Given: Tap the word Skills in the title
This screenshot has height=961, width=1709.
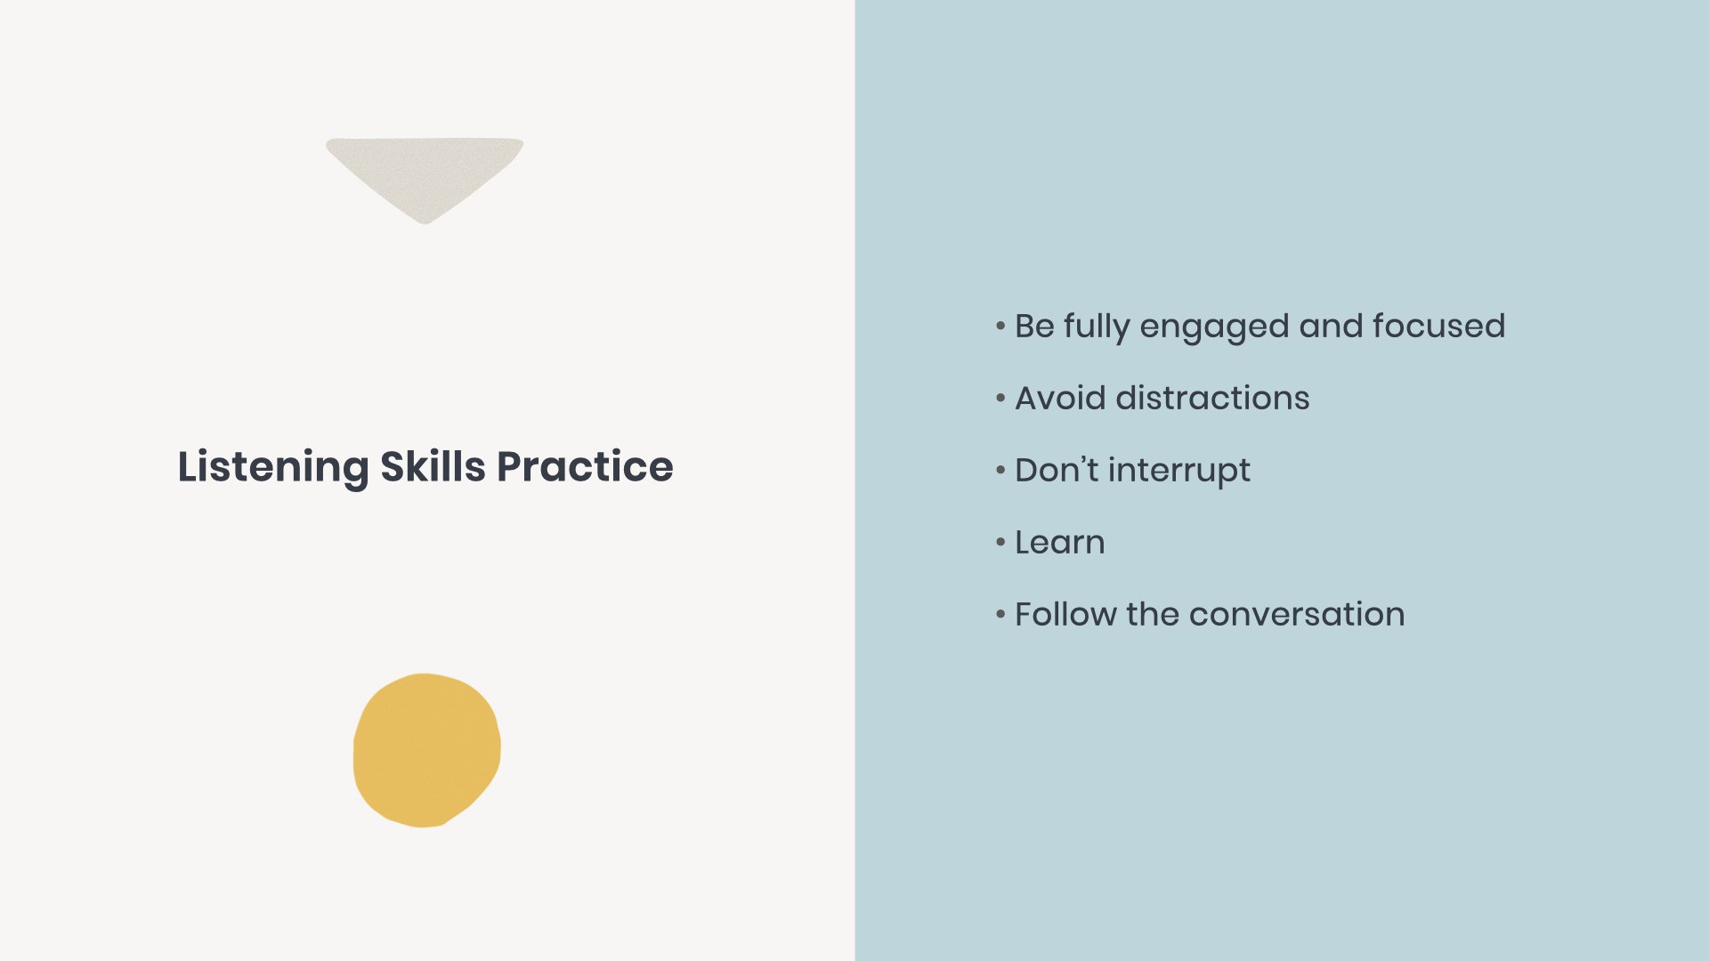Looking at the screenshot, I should (x=433, y=467).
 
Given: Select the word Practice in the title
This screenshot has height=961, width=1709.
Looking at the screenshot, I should (x=585, y=467).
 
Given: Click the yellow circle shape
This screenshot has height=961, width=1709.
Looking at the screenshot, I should (x=426, y=750).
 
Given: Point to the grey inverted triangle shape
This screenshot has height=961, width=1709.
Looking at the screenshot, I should (x=425, y=172).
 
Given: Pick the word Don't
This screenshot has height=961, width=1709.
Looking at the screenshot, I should (x=1056, y=471).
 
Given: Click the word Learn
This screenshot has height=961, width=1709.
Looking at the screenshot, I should (x=1059, y=543).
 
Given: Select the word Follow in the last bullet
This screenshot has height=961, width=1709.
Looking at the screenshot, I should (x=1065, y=615).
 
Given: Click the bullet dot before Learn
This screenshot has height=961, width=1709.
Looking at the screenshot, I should (x=1000, y=543).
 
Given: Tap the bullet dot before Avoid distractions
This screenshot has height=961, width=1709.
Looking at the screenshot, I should (x=1000, y=399).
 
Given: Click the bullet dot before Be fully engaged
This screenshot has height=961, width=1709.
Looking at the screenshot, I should (x=1000, y=327).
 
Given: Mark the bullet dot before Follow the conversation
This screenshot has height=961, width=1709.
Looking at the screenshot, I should (x=1000, y=615).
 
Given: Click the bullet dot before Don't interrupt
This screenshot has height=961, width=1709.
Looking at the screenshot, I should (x=1000, y=471).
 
